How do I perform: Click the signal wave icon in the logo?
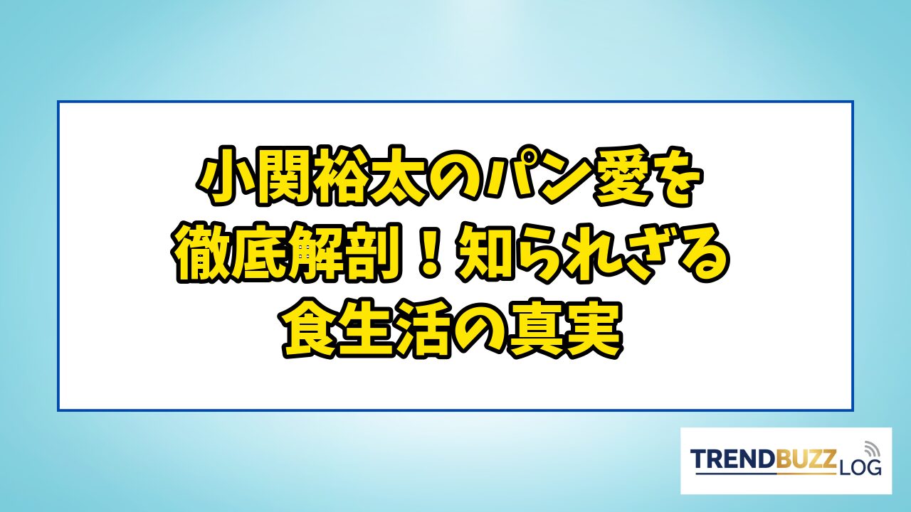(870, 449)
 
